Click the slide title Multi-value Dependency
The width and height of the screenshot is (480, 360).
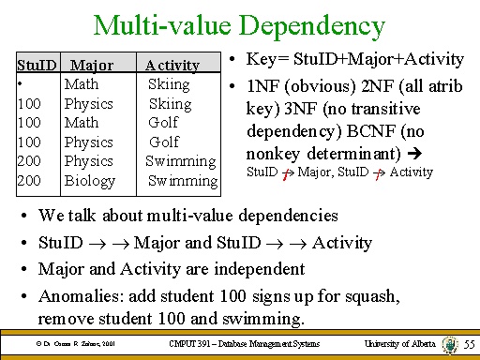coord(240,25)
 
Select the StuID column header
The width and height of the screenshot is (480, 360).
coord(37,66)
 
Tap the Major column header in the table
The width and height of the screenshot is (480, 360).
coord(92,66)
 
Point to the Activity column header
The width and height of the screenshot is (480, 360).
coord(172,66)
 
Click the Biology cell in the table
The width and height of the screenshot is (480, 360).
coord(90,180)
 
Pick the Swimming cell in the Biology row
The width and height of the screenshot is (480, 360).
coord(182,180)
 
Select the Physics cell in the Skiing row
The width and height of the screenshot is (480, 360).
coord(89,103)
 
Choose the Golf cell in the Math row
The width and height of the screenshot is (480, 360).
coord(164,123)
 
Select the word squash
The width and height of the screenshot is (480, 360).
coord(372,295)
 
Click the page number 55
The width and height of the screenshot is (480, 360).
coord(469,346)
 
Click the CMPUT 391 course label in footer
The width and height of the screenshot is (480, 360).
coord(243,345)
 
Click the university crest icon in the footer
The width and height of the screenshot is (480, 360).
coord(452,344)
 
